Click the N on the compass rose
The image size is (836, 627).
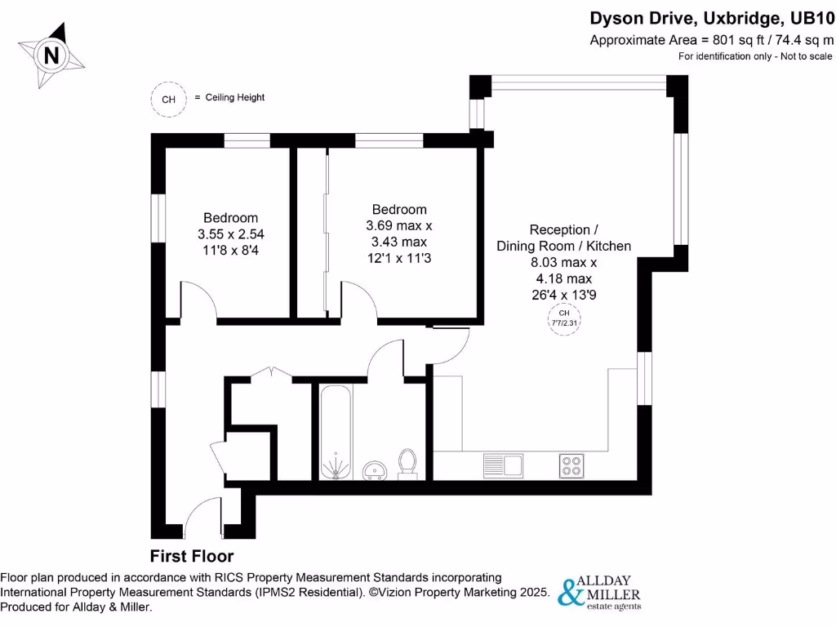tap(51, 56)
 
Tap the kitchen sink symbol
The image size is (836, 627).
tap(502, 465)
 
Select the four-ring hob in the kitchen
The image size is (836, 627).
tap(571, 465)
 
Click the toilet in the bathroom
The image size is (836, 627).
tap(407, 463)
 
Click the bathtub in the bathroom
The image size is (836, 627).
tap(336, 433)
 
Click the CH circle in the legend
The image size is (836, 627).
tap(168, 100)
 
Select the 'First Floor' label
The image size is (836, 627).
tap(192, 557)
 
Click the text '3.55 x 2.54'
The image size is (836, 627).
tap(231, 233)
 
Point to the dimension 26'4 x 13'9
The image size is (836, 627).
tap(563, 295)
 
